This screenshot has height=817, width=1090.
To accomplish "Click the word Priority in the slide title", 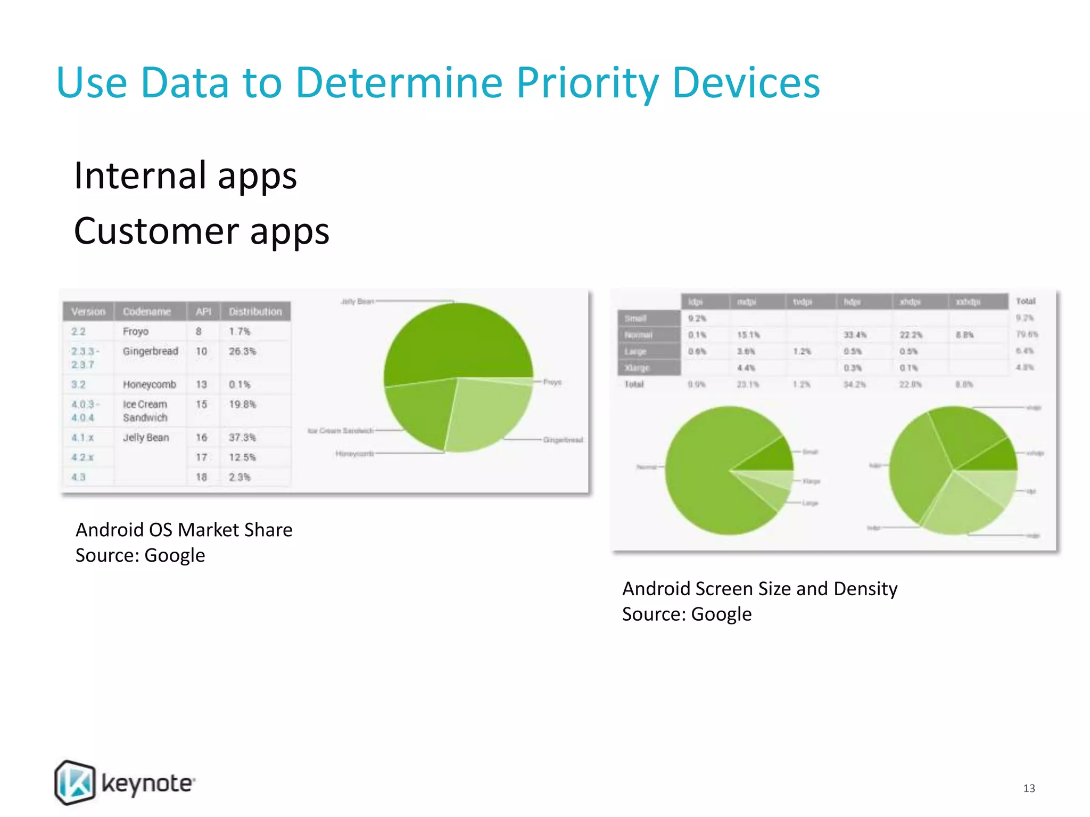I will tap(587, 83).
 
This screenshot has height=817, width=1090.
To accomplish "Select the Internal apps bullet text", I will tap(185, 176).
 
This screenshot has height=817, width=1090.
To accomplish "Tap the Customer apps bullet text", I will tap(201, 231).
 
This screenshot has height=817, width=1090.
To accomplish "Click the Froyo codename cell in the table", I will tap(135, 331).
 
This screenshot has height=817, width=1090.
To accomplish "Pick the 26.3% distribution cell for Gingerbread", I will tap(242, 352).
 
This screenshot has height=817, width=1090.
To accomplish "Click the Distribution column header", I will tap(255, 312).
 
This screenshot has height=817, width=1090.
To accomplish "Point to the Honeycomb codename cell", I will tap(149, 385).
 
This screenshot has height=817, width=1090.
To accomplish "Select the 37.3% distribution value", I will tap(242, 437).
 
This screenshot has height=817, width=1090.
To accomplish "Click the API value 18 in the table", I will tap(201, 477).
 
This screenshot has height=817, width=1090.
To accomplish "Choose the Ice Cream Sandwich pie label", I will tap(341, 430).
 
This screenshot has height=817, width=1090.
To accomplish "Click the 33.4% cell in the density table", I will tap(855, 335).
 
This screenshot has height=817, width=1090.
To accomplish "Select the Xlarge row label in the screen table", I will tap(637, 368).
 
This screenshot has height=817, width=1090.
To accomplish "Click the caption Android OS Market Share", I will tap(184, 530).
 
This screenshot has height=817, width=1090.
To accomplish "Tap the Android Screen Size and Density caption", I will tap(759, 589).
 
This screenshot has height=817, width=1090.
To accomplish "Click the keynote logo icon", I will tap(75, 782).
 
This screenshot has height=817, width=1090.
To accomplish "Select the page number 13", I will tap(1029, 788).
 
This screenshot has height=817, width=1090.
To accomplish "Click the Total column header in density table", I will tap(1026, 301).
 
